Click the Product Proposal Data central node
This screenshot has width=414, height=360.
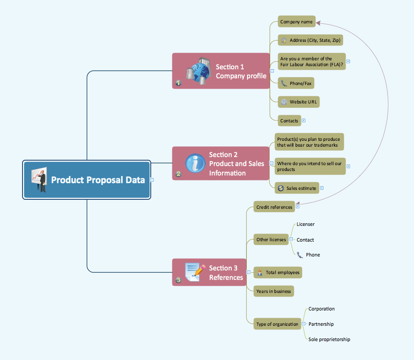point(87,180)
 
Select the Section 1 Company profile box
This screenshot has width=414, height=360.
point(220,71)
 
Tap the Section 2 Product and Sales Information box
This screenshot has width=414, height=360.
point(220,163)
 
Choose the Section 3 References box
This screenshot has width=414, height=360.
point(209,273)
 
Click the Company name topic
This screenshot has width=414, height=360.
point(296,22)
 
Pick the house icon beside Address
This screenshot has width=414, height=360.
point(283,40)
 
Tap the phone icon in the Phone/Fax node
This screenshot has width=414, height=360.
point(283,83)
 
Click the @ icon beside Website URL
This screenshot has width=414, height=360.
point(283,102)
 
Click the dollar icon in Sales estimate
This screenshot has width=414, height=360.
point(281,188)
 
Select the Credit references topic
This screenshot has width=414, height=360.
point(274,207)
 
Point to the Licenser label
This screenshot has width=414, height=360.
point(306,224)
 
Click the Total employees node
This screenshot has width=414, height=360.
point(277,272)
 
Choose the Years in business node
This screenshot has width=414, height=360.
point(274,291)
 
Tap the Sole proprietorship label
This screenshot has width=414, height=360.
point(329,339)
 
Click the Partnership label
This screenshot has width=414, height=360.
point(321,324)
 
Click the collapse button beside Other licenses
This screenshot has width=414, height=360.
point(291,239)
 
